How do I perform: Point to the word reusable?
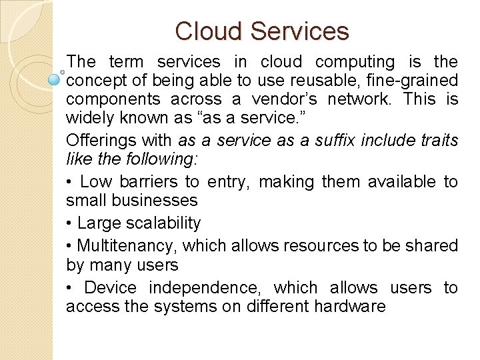(x=293, y=81)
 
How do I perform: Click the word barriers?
(x=151, y=181)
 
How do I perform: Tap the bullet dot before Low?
(x=69, y=182)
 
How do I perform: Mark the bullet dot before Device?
(x=69, y=288)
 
